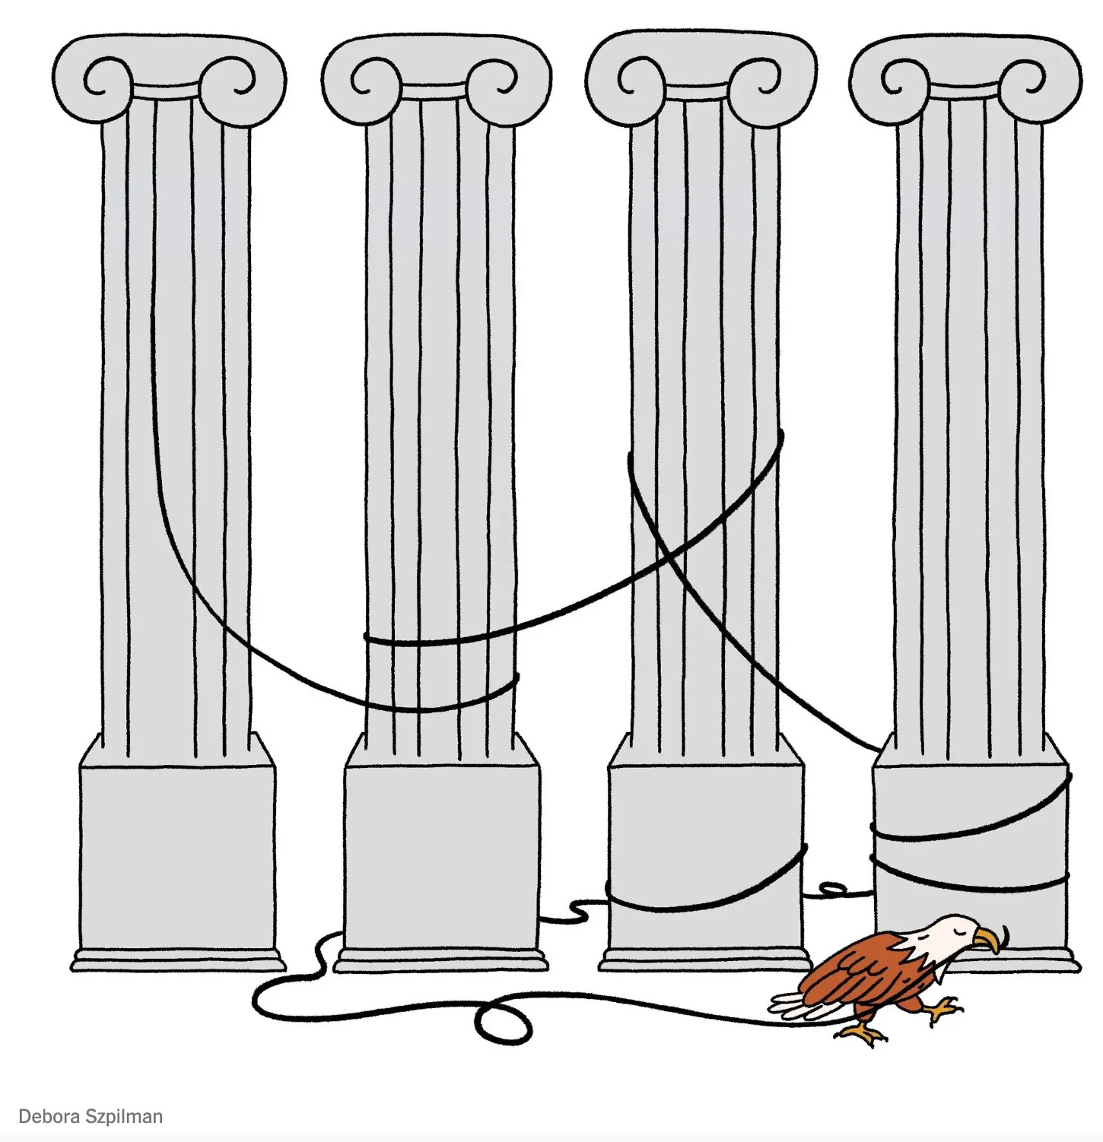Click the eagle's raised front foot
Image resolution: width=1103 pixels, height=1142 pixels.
[x=943, y=1008]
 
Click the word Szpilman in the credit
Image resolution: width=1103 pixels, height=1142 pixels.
[x=123, y=1117]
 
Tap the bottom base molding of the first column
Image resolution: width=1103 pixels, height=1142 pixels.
[x=178, y=960]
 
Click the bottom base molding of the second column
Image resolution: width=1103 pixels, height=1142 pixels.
[x=442, y=960]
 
